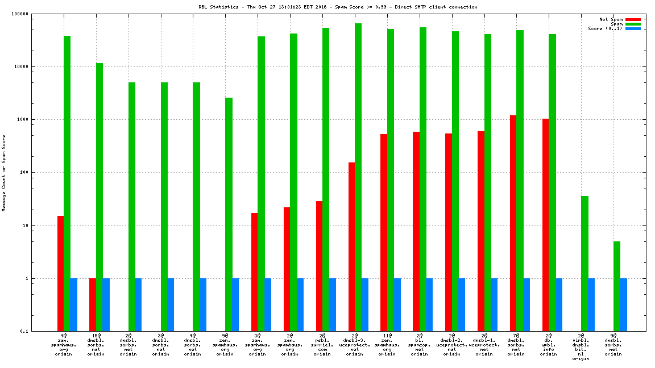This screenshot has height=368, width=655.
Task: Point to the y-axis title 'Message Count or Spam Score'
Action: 4,173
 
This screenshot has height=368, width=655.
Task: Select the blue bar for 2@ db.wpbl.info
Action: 559,305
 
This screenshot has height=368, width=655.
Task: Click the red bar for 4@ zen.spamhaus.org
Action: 60,273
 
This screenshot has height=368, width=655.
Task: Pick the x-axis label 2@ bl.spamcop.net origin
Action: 419,345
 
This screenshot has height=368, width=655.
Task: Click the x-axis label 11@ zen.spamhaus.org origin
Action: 387,345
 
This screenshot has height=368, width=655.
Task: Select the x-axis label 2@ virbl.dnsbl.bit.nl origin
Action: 581,348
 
